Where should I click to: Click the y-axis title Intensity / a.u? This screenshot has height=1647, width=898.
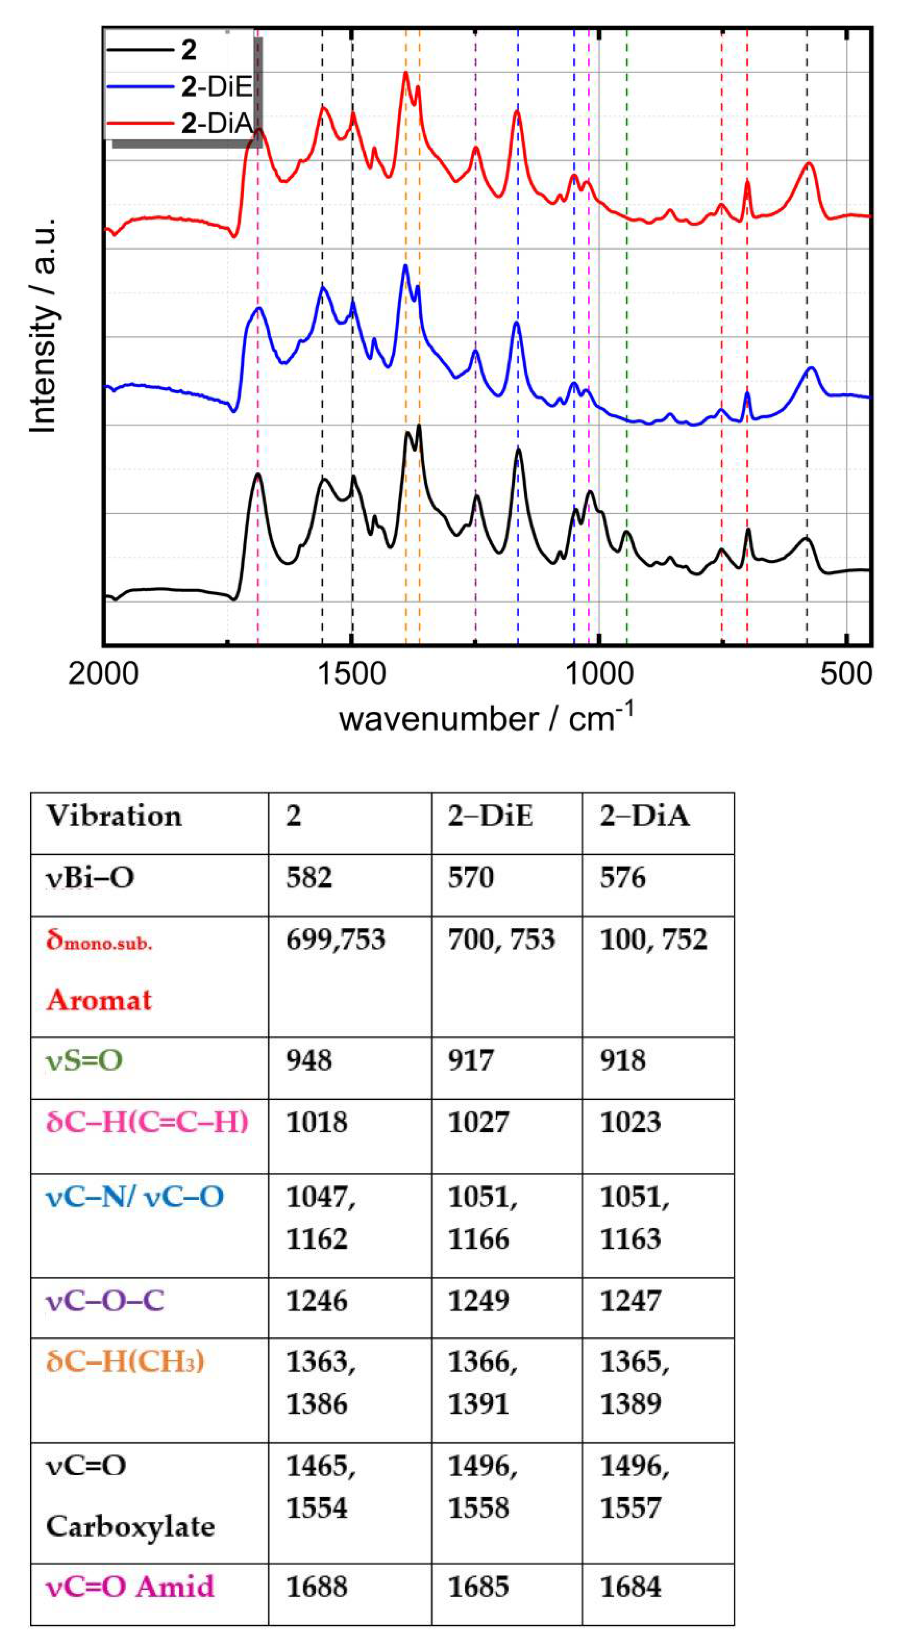click(44, 326)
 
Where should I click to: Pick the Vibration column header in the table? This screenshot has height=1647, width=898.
click(114, 816)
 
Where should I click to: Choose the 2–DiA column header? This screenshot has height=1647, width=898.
click(644, 816)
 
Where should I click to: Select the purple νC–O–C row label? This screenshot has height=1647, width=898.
click(105, 1301)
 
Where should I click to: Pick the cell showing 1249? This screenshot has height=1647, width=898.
click(478, 1301)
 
